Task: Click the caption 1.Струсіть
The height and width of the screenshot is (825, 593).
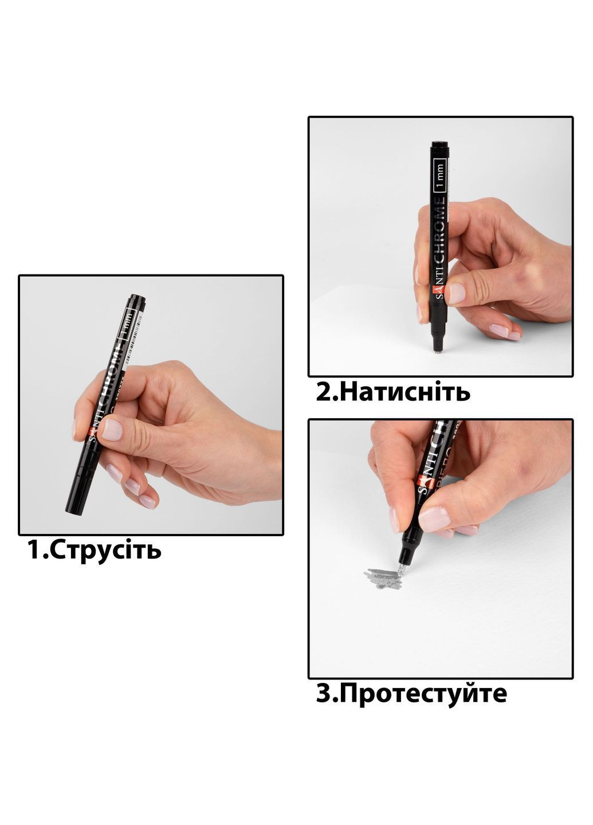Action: coord(95,550)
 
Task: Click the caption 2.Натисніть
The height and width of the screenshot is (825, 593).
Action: coord(393,392)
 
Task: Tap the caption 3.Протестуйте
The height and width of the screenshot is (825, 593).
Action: coord(411,694)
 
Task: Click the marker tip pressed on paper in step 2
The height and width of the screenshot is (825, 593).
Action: coord(438,350)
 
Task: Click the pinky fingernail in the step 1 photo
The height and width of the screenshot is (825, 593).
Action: coord(148,502)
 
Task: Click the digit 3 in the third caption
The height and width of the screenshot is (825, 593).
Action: coord(323,694)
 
